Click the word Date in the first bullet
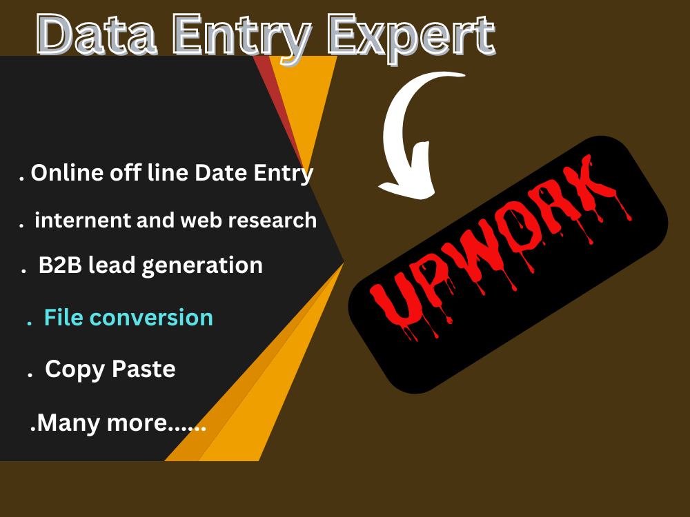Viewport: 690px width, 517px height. (220, 172)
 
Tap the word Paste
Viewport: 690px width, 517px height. (143, 369)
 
